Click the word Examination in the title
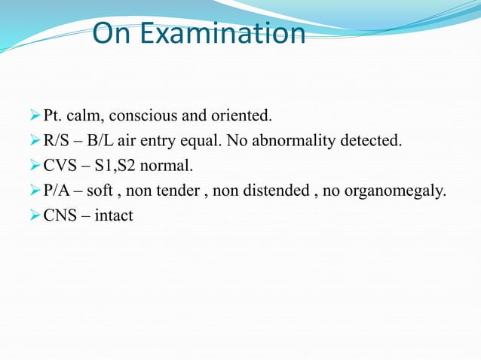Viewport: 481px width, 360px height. click(231, 35)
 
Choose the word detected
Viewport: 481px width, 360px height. click(374, 142)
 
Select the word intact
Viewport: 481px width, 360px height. click(112, 216)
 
